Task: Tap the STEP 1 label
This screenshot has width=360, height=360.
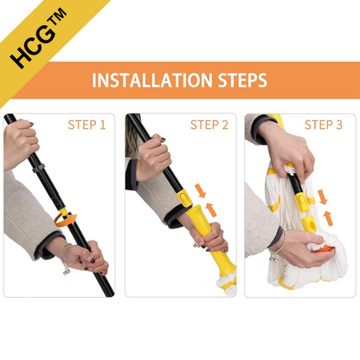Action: point(87,125)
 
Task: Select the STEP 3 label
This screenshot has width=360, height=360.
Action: point(324,125)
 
